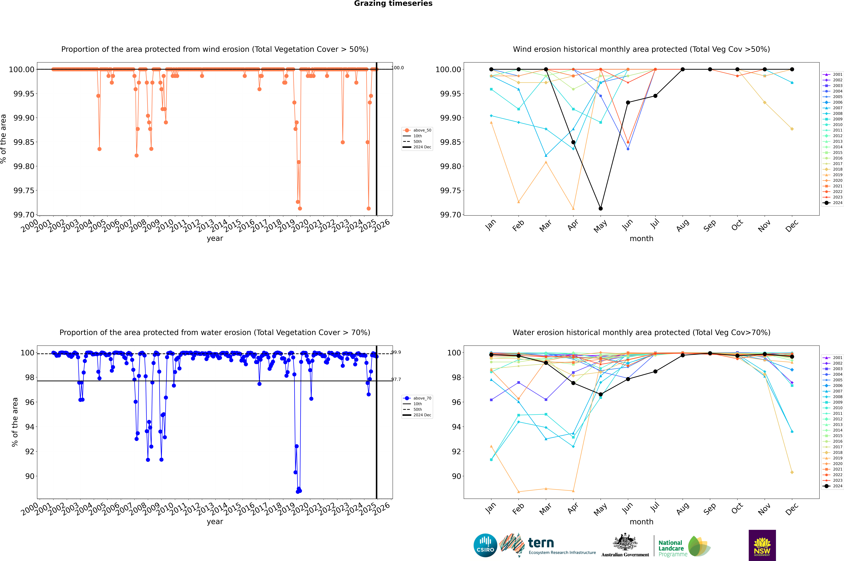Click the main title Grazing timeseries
tap(393, 4)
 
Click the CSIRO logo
tap(485, 545)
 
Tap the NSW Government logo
tap(762, 545)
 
